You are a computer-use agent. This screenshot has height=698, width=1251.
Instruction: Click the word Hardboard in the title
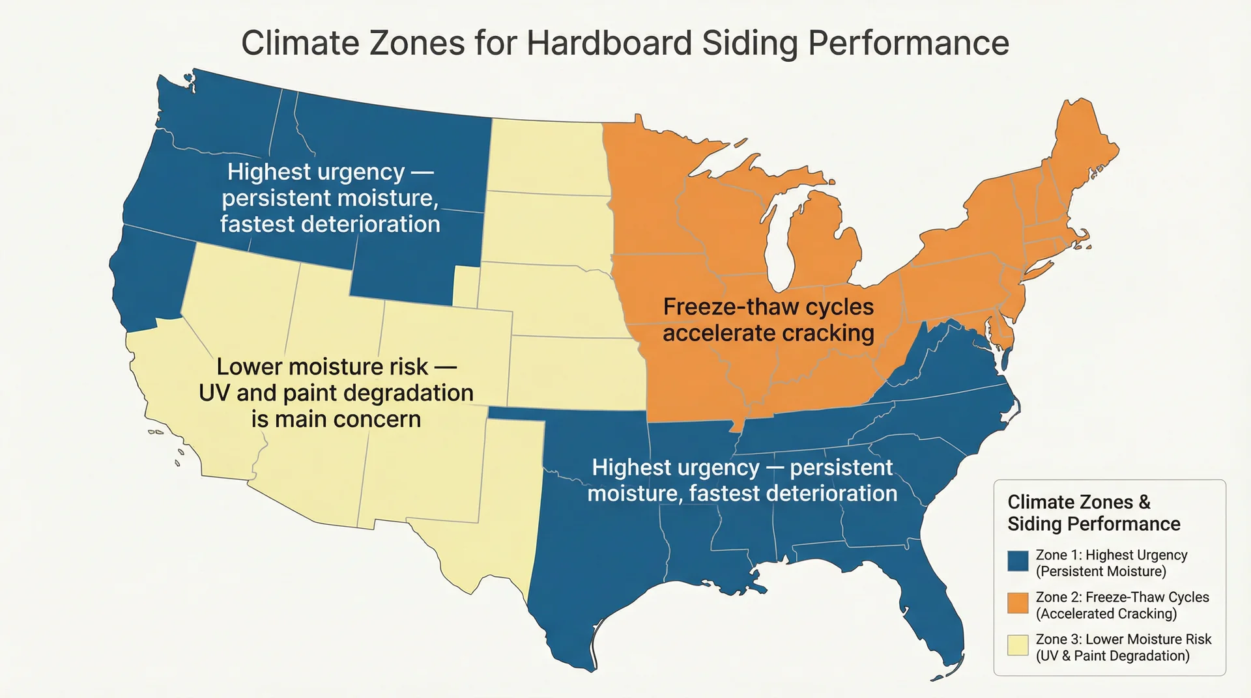(609, 43)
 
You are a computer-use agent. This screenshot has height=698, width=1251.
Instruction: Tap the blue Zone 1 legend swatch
(1018, 561)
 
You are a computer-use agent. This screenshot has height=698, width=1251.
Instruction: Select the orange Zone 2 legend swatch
(1018, 603)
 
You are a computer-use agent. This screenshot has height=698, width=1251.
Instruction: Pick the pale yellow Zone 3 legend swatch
(1018, 645)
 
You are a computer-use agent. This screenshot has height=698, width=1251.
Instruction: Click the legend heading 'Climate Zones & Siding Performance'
(1093, 513)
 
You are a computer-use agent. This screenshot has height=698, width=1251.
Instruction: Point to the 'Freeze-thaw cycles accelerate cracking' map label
(768, 320)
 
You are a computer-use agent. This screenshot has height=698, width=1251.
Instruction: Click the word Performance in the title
(908, 43)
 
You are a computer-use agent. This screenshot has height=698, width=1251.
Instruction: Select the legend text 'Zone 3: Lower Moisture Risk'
(1123, 639)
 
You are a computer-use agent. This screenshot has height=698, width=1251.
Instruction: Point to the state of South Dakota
(547, 228)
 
